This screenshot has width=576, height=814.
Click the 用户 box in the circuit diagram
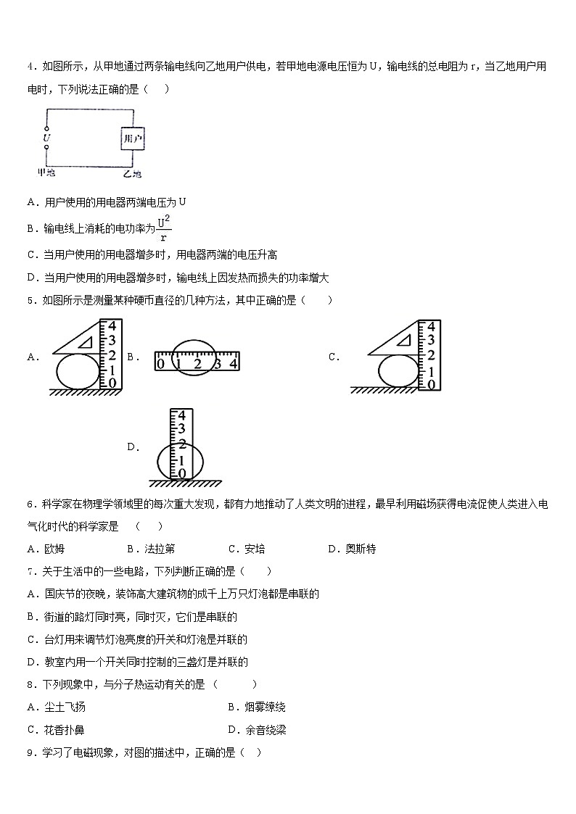tap(132, 138)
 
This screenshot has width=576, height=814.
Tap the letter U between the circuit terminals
tap(46, 136)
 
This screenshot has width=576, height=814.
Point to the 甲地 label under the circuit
tap(46, 173)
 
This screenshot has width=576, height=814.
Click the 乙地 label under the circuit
tap(132, 174)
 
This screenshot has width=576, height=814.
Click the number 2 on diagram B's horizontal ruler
tap(197, 364)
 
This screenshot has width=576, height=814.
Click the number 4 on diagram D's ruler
tap(181, 417)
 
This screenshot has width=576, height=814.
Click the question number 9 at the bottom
tap(30, 753)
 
